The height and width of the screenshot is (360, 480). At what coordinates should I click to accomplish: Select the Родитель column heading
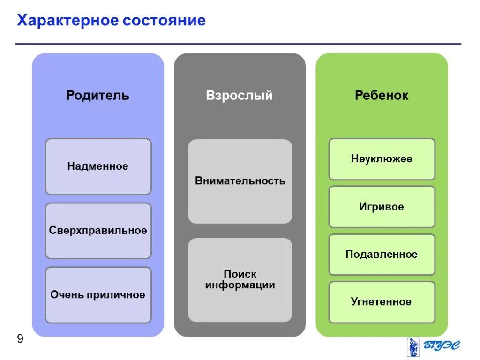(x=97, y=96)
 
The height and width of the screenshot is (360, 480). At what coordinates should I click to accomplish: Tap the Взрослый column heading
(x=239, y=96)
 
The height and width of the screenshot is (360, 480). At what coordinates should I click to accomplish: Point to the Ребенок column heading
(x=382, y=96)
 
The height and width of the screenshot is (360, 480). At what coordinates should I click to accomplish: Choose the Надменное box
(x=98, y=166)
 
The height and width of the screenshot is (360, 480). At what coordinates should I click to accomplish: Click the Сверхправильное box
(x=98, y=231)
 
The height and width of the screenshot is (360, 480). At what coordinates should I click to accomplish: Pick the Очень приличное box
(x=98, y=295)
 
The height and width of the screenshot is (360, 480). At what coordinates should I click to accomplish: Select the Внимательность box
(x=240, y=181)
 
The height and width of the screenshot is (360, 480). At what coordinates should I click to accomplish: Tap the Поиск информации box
(x=240, y=279)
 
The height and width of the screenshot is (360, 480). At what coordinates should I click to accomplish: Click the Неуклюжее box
(x=382, y=159)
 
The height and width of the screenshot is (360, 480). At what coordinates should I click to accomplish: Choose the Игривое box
(x=382, y=207)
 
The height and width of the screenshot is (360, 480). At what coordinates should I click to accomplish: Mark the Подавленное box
(x=382, y=255)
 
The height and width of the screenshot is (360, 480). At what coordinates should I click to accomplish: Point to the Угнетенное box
(x=382, y=302)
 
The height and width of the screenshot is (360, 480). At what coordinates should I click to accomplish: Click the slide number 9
(x=20, y=339)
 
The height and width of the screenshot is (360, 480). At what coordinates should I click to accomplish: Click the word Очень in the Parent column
(x=67, y=295)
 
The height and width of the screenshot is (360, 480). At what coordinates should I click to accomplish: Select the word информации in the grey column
(x=240, y=285)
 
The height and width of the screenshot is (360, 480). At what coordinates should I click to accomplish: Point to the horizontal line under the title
(x=238, y=44)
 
